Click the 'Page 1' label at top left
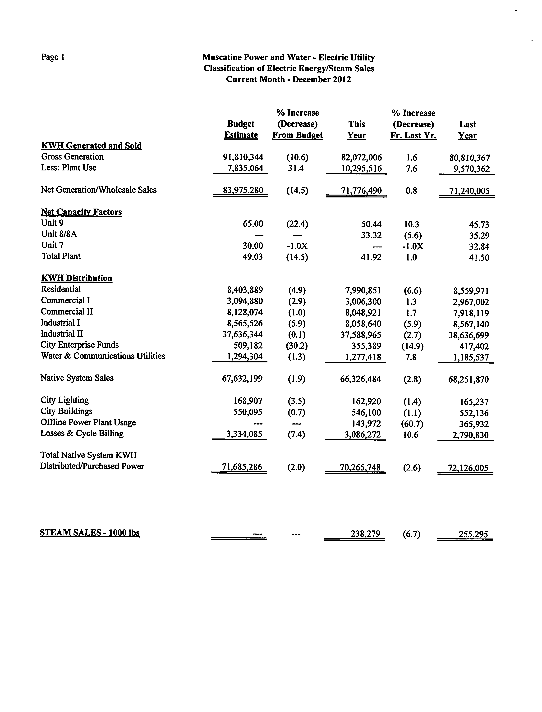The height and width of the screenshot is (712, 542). (53, 57)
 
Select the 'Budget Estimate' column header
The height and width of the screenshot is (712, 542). (241, 129)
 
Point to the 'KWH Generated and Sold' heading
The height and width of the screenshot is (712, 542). (91, 146)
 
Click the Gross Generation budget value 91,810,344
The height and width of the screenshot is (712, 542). (243, 157)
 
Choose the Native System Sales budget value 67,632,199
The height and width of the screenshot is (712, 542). (242, 379)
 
